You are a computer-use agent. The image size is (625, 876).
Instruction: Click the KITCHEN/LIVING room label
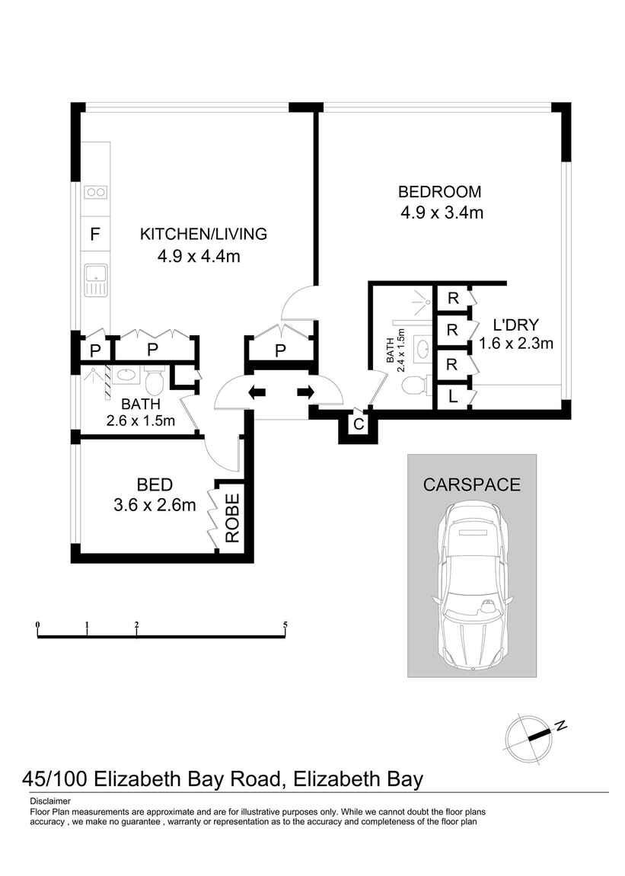(203, 234)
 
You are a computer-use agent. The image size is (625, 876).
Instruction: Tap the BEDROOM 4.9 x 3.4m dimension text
(442, 213)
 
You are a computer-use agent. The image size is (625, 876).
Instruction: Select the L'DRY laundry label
(516, 325)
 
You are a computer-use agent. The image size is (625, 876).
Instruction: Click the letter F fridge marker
(95, 234)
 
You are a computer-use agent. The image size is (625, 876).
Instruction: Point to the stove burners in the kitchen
(95, 192)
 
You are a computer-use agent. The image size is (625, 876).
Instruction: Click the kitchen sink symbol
(95, 280)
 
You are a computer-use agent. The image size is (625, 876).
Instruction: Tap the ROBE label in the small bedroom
(231, 517)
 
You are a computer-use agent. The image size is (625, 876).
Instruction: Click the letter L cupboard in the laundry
(452, 397)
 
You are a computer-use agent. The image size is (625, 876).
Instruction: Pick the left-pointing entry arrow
(257, 392)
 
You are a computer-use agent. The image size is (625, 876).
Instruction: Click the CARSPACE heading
(472, 484)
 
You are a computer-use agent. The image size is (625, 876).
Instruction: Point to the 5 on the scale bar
(285, 625)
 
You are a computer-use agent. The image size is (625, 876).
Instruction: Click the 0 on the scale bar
(37, 625)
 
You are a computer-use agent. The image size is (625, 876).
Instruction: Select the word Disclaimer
(50, 801)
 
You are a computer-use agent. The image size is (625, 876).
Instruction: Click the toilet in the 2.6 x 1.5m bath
(155, 379)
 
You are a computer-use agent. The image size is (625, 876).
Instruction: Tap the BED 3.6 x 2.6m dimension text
(155, 504)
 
